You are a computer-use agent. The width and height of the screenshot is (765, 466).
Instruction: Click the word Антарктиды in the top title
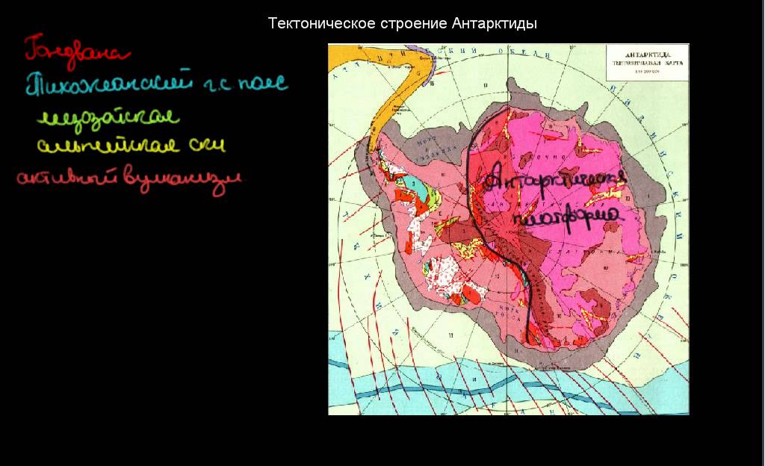click(x=495, y=24)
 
